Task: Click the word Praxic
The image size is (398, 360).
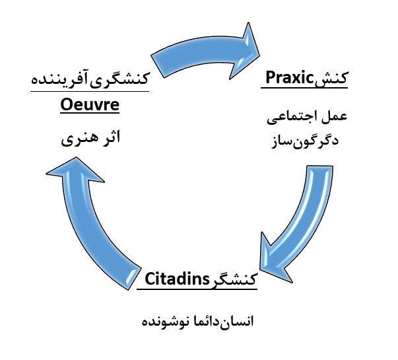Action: [x=288, y=79]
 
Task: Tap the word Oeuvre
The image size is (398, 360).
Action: [x=88, y=105]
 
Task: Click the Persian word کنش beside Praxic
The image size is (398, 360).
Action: [x=332, y=79]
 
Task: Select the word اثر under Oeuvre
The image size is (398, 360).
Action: [x=110, y=140]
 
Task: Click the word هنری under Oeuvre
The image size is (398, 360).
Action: [x=77, y=140]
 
